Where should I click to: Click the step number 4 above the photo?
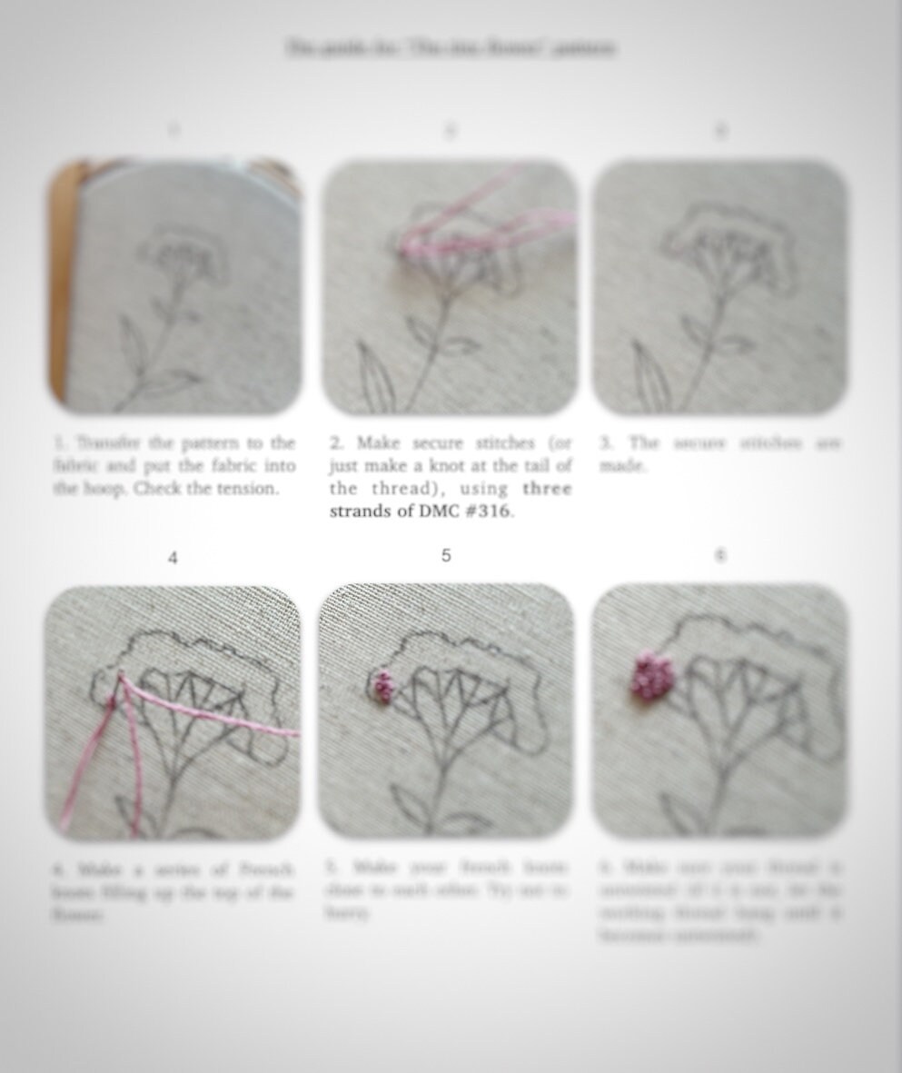173,558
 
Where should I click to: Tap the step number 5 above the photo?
445,555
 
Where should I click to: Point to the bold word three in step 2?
547,488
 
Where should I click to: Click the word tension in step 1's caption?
246,488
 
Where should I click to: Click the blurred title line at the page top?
451,47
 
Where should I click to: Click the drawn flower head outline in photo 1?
182,250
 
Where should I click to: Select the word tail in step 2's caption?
530,465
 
